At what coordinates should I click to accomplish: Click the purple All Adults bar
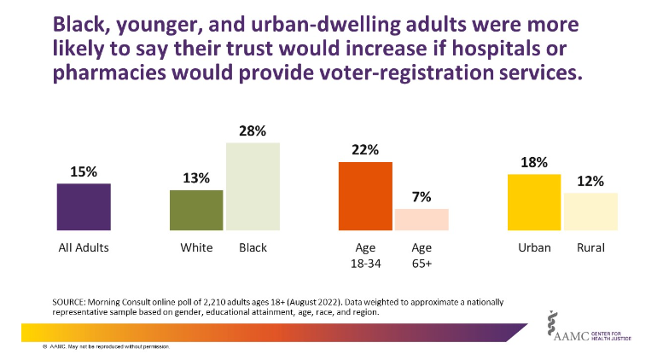[x=84, y=206]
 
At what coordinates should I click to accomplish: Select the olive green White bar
[x=196, y=210]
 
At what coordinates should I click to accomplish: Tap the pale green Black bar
[x=253, y=186]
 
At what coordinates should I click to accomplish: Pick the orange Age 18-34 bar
[x=365, y=196]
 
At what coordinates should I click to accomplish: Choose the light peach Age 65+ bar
[x=422, y=219]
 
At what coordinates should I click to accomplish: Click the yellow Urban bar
[x=534, y=202]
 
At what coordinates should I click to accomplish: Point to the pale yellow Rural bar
[x=590, y=212]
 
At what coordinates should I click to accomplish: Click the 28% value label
[x=253, y=131]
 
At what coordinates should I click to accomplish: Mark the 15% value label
[x=84, y=171]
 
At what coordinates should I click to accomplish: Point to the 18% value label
[x=534, y=163]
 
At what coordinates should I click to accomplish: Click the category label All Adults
[x=84, y=248]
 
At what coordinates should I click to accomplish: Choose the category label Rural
[x=590, y=248]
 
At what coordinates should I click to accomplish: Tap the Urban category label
[x=534, y=248]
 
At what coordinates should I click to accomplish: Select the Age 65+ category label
[x=422, y=255]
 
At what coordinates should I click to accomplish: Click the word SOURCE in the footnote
[x=71, y=303]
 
